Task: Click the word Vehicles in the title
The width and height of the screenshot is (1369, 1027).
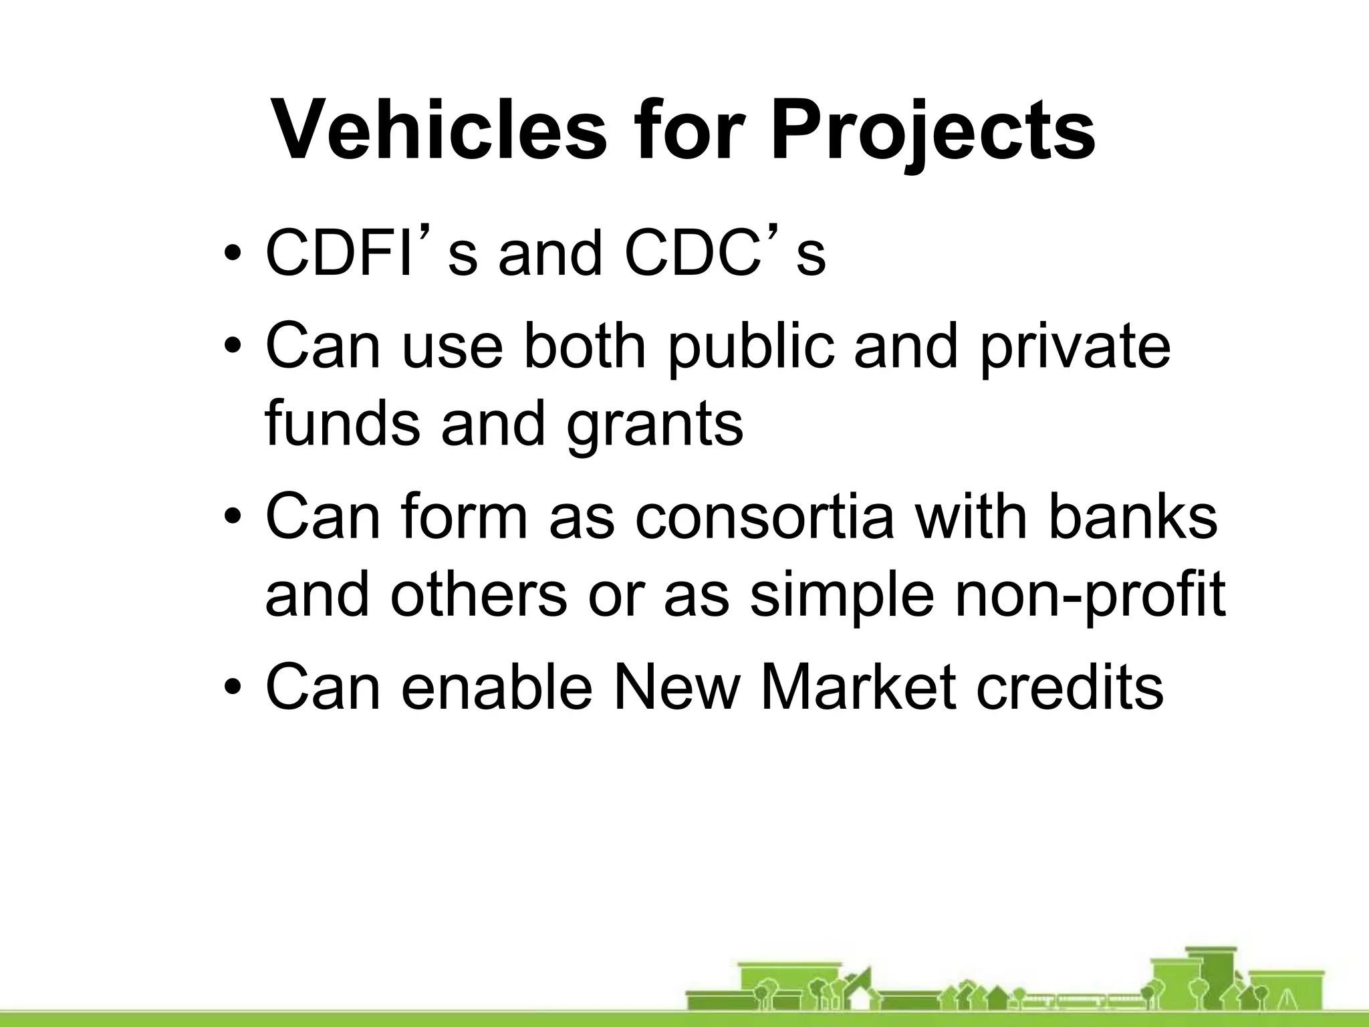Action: click(439, 130)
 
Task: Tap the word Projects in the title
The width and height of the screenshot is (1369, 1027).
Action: click(932, 130)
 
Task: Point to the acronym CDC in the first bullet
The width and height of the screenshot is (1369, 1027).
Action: click(692, 253)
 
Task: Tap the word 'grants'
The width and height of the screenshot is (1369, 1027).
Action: click(654, 424)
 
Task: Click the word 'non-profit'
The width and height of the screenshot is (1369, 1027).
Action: click(1090, 594)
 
